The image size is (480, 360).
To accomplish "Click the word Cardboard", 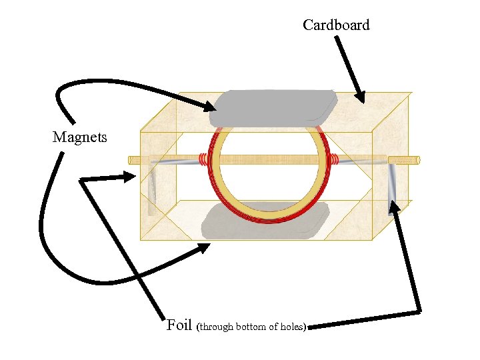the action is click(335, 25).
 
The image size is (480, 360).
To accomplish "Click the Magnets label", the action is click(79, 137).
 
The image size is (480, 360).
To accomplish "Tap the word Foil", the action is click(179, 325).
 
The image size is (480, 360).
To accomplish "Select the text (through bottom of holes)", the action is click(252, 327).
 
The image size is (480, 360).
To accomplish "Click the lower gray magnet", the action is click(267, 221).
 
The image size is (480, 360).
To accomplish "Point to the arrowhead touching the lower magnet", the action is click(203, 249).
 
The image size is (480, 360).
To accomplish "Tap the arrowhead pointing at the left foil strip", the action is click(130, 177).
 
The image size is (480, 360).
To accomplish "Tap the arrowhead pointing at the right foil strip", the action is click(395, 207).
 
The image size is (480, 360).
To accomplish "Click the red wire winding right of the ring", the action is click(334, 160).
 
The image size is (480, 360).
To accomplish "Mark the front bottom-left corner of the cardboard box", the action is click(141, 239).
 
